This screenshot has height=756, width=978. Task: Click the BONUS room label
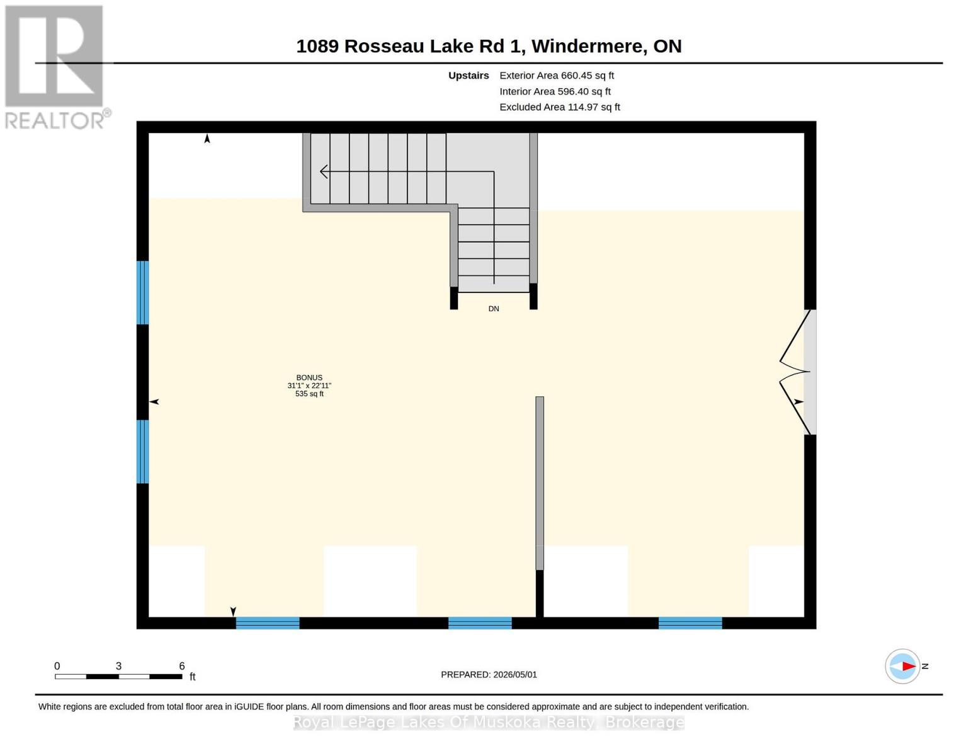coord(309,378)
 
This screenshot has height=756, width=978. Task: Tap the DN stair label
coord(494,309)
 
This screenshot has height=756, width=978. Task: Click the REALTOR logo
coord(56,67)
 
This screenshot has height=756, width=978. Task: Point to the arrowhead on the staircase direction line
coord(324,171)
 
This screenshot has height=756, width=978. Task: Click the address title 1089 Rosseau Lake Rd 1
coord(411,46)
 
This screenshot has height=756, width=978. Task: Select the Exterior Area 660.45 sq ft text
coord(557,76)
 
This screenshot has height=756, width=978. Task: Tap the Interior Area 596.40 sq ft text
coord(555,91)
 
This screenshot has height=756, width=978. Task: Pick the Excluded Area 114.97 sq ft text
coord(560,107)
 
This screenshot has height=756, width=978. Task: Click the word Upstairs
coord(469,76)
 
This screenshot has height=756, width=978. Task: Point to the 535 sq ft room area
coord(309,394)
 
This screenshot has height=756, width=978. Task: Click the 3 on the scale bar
coord(118,666)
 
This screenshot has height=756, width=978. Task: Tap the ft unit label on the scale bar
coord(193,677)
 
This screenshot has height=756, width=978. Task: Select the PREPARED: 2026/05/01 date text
coord(489,675)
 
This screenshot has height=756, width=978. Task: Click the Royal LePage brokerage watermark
coord(489,722)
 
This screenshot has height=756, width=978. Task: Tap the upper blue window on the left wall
coord(143,293)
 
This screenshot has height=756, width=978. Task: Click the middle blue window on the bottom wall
coord(480,623)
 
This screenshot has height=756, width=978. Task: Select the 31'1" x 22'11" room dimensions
coord(309,386)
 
